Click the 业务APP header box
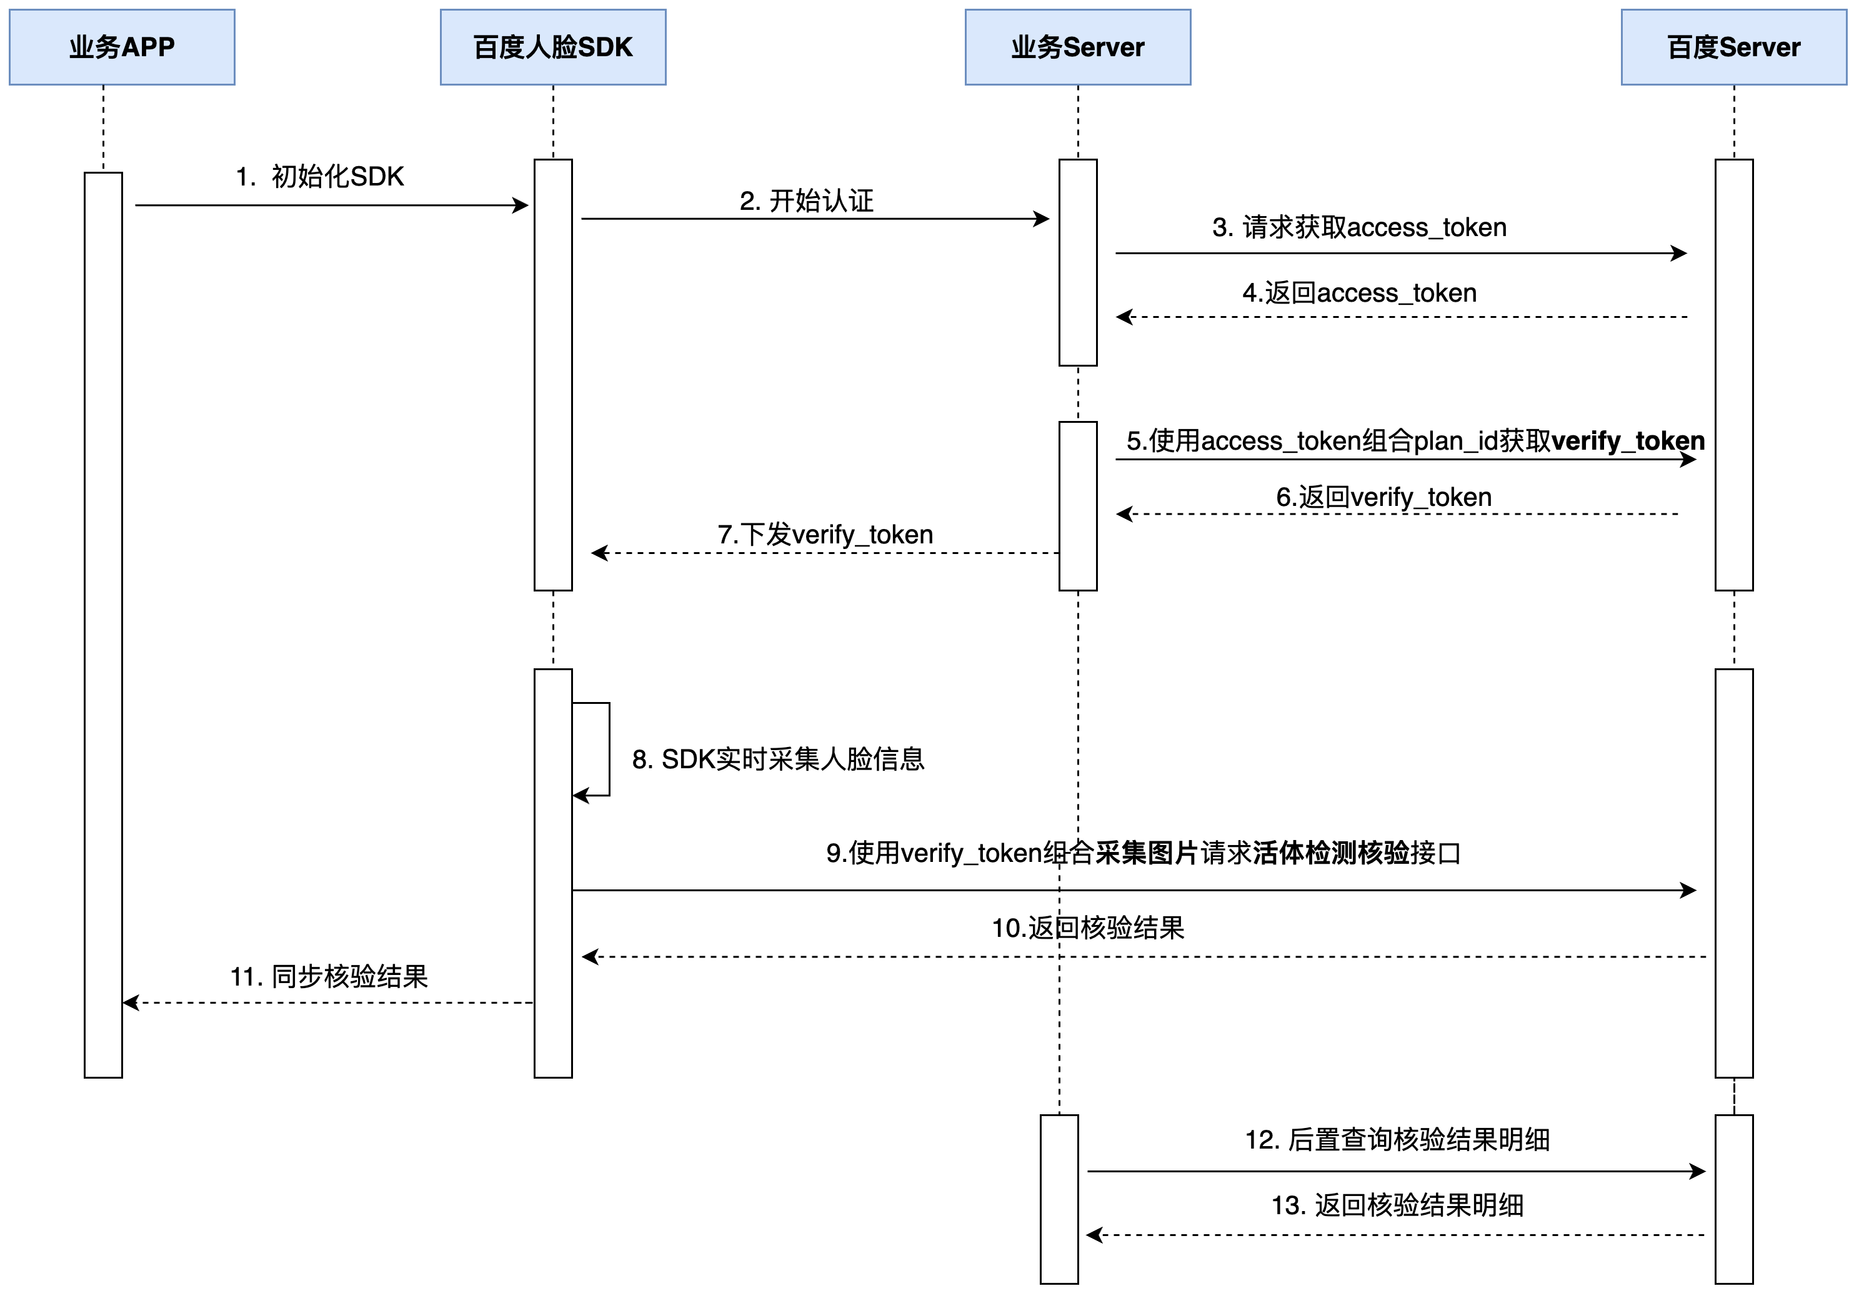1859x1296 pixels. (x=121, y=47)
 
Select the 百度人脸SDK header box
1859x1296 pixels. (x=553, y=47)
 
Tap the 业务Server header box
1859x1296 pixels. (x=1078, y=47)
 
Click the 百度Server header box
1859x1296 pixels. (x=1733, y=47)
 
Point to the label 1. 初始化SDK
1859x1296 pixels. (x=320, y=177)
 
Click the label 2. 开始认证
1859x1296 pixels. (x=807, y=200)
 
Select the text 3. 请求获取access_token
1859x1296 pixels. (x=1358, y=227)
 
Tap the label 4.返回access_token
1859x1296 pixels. (x=1358, y=293)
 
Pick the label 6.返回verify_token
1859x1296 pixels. (x=1383, y=497)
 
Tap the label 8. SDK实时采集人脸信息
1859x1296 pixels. (x=777, y=759)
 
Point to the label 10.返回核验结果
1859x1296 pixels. (x=1087, y=927)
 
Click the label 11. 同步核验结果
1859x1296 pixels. (x=329, y=976)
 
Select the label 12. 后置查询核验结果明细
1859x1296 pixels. (x=1397, y=1140)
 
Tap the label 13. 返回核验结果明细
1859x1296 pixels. (x=1397, y=1205)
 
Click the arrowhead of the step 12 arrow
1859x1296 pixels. (x=1698, y=1171)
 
